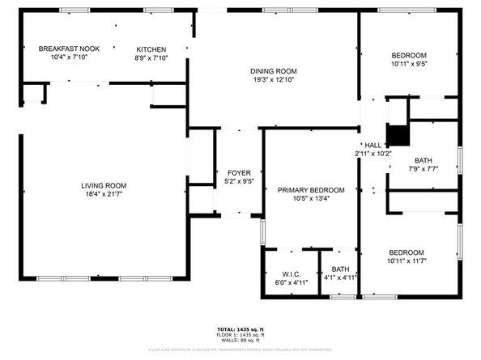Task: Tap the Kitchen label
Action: click(x=151, y=49)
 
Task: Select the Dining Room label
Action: click(x=273, y=71)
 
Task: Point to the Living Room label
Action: click(x=104, y=185)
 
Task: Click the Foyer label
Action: click(x=239, y=173)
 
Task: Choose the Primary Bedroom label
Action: click(x=311, y=190)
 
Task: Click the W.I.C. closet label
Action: click(x=292, y=273)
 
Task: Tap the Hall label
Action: click(x=373, y=145)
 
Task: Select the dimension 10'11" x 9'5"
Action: click(x=409, y=64)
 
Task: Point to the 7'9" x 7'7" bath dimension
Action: click(x=423, y=169)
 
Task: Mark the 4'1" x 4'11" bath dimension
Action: click(x=340, y=277)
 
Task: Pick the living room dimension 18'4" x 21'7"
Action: click(x=104, y=194)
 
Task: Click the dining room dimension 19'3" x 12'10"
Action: click(x=273, y=80)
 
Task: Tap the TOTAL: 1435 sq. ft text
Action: click(x=240, y=329)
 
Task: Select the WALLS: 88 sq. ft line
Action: click(x=240, y=341)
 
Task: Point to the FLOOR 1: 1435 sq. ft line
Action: click(x=240, y=335)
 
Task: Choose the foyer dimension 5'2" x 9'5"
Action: click(x=239, y=182)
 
